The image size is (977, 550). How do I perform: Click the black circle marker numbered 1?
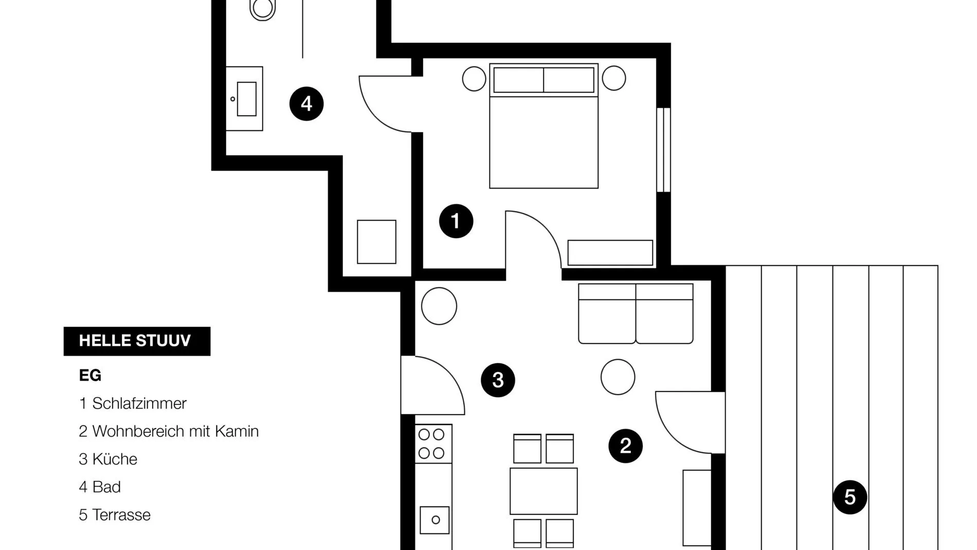456,221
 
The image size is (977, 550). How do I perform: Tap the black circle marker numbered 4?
306,103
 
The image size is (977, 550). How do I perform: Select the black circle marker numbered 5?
850,497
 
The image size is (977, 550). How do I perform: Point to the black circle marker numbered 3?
498,380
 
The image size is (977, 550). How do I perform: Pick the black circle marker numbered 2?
625,446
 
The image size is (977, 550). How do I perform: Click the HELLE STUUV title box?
137,341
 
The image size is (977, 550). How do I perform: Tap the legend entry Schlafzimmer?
133,403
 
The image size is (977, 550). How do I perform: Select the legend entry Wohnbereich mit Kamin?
169,431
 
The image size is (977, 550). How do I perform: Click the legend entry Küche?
108,459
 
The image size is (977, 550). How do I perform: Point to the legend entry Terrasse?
115,514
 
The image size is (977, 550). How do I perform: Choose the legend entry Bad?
100,487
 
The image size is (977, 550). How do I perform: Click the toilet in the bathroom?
263,9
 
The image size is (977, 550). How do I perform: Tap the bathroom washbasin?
245,99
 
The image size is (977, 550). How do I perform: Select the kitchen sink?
435,520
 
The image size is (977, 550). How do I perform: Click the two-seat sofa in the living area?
636,313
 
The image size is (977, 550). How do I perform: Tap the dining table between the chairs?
544,491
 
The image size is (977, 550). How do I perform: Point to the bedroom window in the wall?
664,150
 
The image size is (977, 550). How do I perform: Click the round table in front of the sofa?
618,377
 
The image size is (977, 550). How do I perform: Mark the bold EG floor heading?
90,376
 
